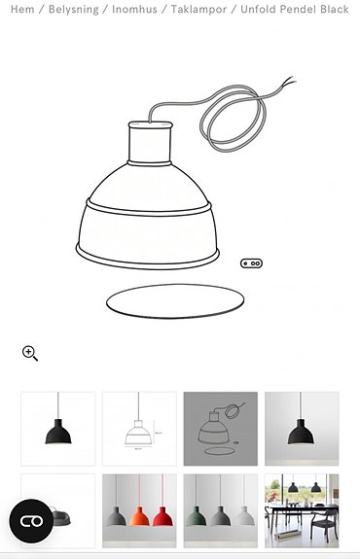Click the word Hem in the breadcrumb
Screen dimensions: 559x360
[x=20, y=9]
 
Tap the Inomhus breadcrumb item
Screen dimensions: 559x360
[x=132, y=9]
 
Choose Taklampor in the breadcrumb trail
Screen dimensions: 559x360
[x=199, y=9]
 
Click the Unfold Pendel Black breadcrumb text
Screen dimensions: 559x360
[x=295, y=9]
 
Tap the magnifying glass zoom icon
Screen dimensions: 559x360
[x=30, y=353]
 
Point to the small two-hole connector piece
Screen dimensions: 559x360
[x=252, y=262]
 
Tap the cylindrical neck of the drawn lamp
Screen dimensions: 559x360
[x=152, y=146]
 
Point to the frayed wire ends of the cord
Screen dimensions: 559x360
[x=286, y=84]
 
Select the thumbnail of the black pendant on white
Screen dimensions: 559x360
[x=58, y=429]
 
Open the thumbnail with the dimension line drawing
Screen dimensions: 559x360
[x=139, y=429]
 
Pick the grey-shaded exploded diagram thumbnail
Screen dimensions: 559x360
[x=221, y=429]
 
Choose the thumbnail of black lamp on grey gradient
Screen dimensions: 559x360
[x=302, y=429]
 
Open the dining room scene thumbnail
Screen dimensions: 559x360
[x=302, y=510]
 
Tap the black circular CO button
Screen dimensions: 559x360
[x=31, y=521]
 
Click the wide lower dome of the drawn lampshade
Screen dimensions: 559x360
[x=146, y=233]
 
